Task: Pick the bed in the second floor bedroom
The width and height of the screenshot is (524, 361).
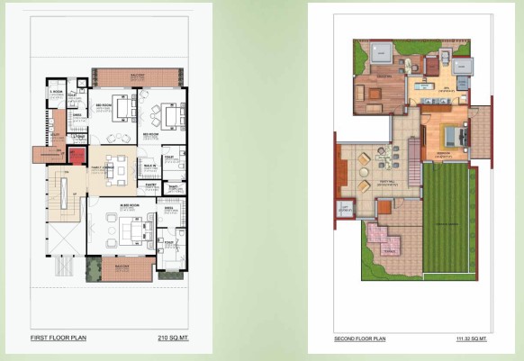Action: (454, 137)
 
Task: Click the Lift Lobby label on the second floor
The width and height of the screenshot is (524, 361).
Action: (346, 208)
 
